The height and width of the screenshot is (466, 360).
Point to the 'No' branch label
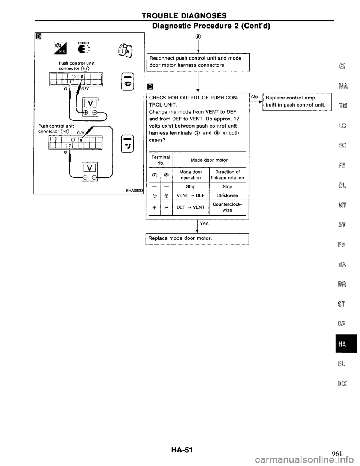point(254,97)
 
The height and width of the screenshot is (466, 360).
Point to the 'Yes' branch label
point(204,223)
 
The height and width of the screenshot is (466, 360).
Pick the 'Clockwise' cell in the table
point(227,195)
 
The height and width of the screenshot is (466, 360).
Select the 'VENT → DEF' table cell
point(190,195)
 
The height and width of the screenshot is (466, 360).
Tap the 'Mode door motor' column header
point(209,160)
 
